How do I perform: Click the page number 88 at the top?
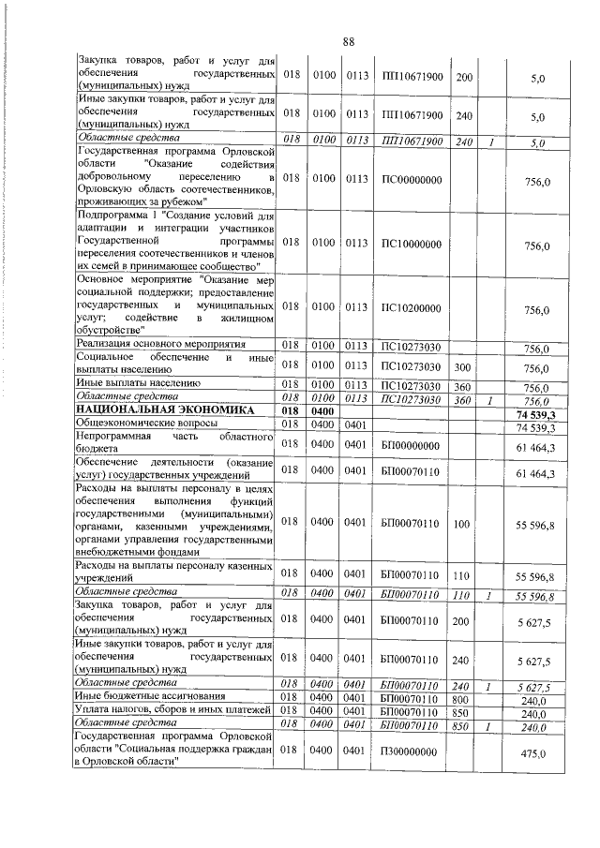point(348,41)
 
